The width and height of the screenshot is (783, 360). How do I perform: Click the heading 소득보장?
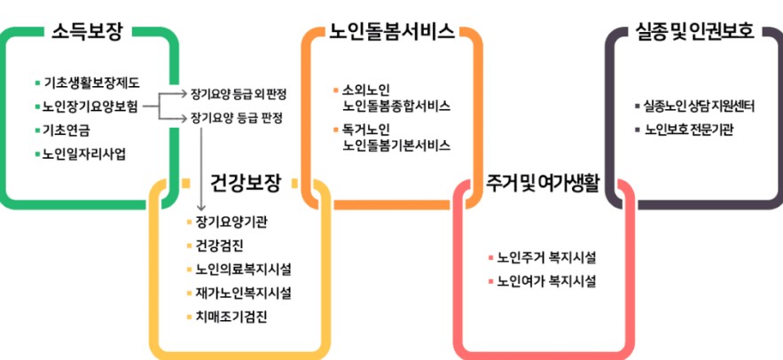89,31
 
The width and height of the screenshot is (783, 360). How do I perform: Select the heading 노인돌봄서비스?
392,31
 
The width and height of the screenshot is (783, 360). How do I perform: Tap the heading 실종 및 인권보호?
694,31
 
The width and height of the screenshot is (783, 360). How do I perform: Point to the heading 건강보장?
245,184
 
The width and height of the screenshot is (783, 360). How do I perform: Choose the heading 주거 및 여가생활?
543,184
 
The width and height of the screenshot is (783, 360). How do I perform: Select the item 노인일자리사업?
84,154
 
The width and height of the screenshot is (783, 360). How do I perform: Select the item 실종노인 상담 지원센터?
700,106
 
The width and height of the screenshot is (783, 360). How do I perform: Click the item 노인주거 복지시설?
546,258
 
